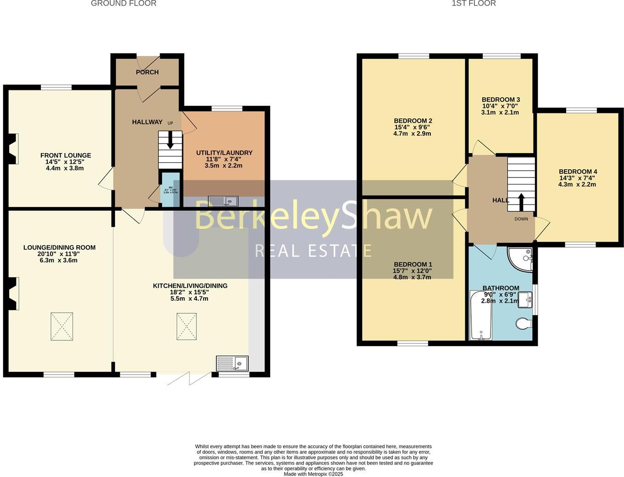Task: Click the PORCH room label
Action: point(147,72)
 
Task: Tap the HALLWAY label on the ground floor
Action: point(147,122)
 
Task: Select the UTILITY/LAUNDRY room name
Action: point(224,153)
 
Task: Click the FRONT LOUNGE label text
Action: point(66,155)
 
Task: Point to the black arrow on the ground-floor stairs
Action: point(170,140)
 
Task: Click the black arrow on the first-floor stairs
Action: point(521,201)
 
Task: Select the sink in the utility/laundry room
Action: point(223,201)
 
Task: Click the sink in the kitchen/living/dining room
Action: point(232,363)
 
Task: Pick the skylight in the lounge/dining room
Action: point(61,326)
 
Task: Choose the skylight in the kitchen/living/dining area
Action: point(187,326)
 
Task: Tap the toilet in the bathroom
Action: point(524,324)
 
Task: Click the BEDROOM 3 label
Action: point(501,100)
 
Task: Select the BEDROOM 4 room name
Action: point(578,172)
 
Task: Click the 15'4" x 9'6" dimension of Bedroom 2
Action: point(413,128)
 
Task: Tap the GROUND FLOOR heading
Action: point(123,3)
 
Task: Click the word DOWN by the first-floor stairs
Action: point(521,219)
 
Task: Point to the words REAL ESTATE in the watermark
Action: point(313,251)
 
